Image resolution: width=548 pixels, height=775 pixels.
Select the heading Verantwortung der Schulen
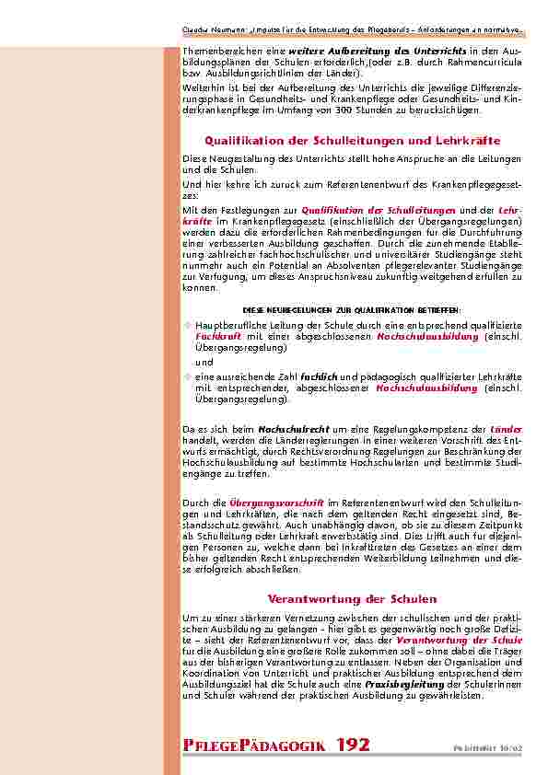[352, 598]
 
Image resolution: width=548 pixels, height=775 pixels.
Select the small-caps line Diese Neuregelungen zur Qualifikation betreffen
[351, 310]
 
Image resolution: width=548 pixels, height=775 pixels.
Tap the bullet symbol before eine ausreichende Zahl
[188, 377]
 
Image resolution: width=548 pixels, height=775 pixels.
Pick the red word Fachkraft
[213, 338]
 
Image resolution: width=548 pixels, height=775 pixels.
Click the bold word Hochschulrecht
[284, 429]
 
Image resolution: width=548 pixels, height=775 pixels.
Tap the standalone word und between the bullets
[202, 363]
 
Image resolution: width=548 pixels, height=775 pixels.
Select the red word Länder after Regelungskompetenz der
[506, 429]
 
